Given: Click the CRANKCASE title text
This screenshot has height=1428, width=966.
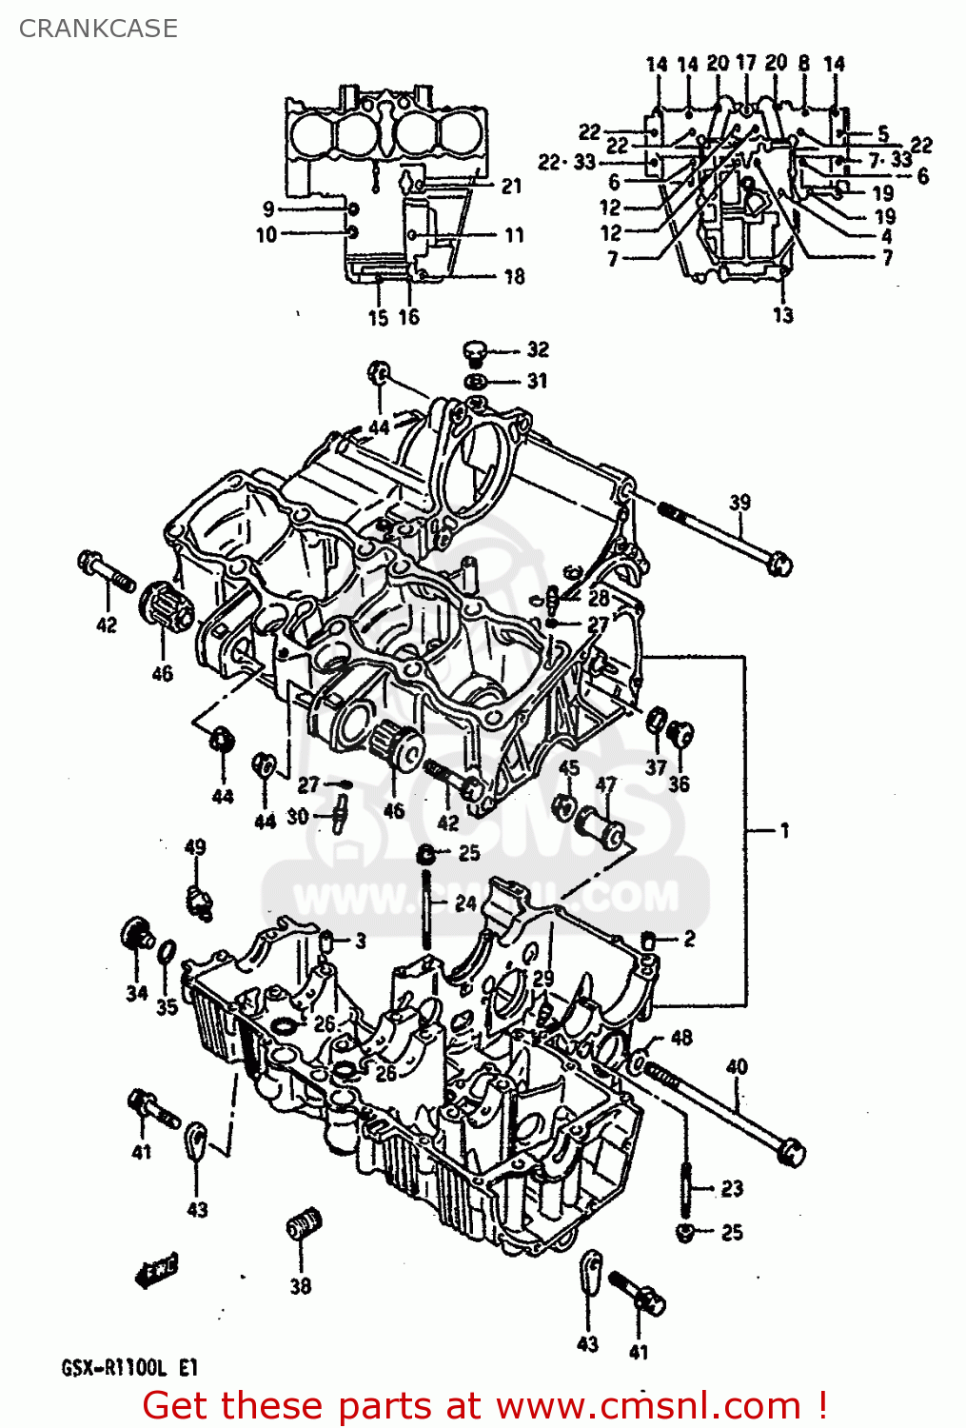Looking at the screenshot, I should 98,29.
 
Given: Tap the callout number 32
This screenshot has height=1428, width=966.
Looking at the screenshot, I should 538,349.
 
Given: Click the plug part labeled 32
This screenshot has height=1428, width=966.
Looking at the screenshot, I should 476,352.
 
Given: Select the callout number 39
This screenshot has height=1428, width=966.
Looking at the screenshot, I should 739,502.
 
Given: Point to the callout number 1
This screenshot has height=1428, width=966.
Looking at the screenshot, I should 784,830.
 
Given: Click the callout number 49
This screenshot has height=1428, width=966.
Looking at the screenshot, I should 194,846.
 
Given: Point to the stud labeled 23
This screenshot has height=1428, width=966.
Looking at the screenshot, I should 686,1186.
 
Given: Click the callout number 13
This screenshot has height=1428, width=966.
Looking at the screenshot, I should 782,315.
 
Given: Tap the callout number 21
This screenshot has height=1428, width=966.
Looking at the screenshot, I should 512,186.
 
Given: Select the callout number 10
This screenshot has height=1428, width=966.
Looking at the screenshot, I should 266,234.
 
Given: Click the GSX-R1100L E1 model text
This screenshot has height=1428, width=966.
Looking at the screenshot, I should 130,1368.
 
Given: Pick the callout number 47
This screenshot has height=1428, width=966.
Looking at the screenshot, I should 606,784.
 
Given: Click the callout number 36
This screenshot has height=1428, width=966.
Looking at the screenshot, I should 679,783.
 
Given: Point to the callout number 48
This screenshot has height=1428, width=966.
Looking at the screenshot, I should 681,1037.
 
